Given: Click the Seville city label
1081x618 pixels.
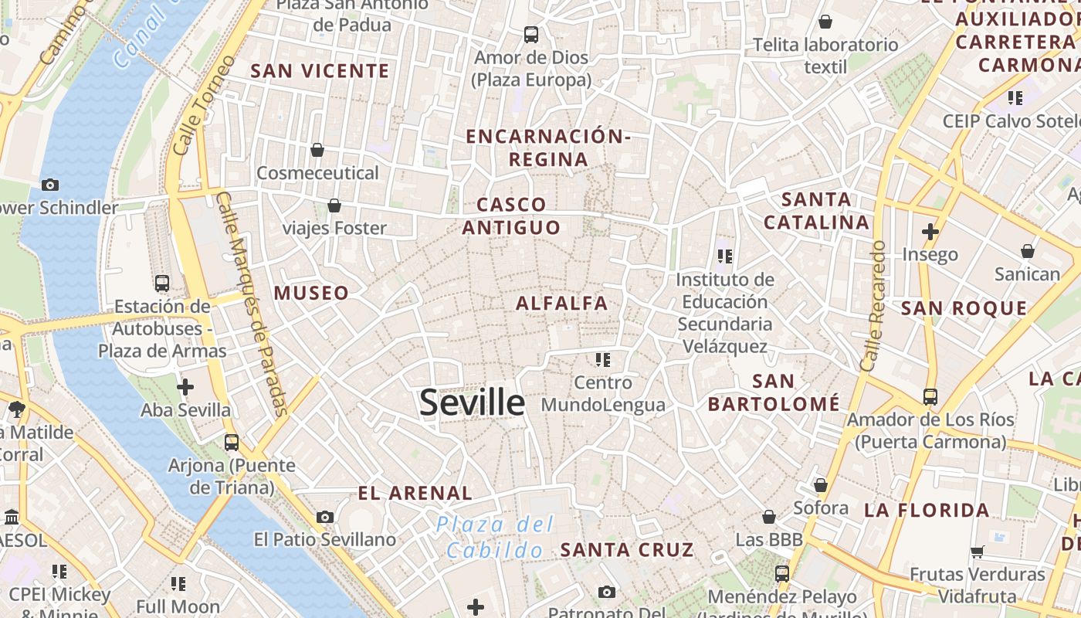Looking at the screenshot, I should [472, 402].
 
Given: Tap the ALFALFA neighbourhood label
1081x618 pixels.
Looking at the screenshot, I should [561, 304].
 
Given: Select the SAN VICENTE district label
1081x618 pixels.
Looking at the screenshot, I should [320, 71].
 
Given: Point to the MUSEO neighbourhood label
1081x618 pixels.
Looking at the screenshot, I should [311, 293].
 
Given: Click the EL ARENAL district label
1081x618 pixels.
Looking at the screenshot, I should [415, 493].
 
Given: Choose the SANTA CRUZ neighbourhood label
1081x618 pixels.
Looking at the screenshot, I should [626, 550].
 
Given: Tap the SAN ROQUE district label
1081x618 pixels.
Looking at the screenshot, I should [964, 308].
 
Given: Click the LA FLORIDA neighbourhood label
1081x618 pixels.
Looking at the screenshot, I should [927, 510].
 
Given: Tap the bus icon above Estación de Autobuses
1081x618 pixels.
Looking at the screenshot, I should [161, 283].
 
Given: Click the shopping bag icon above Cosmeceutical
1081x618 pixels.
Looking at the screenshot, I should [317, 149].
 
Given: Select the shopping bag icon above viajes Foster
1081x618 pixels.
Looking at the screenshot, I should [334, 205].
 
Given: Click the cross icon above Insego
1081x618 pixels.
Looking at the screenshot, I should [930, 231].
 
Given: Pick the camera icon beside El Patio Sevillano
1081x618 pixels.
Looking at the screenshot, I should [324, 517].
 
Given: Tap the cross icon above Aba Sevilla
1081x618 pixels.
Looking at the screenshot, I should [185, 386].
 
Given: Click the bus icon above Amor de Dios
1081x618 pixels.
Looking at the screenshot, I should [530, 34].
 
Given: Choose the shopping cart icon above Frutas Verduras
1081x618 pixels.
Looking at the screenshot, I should [977, 552].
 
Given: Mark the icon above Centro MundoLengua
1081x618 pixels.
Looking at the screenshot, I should [602, 359].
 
